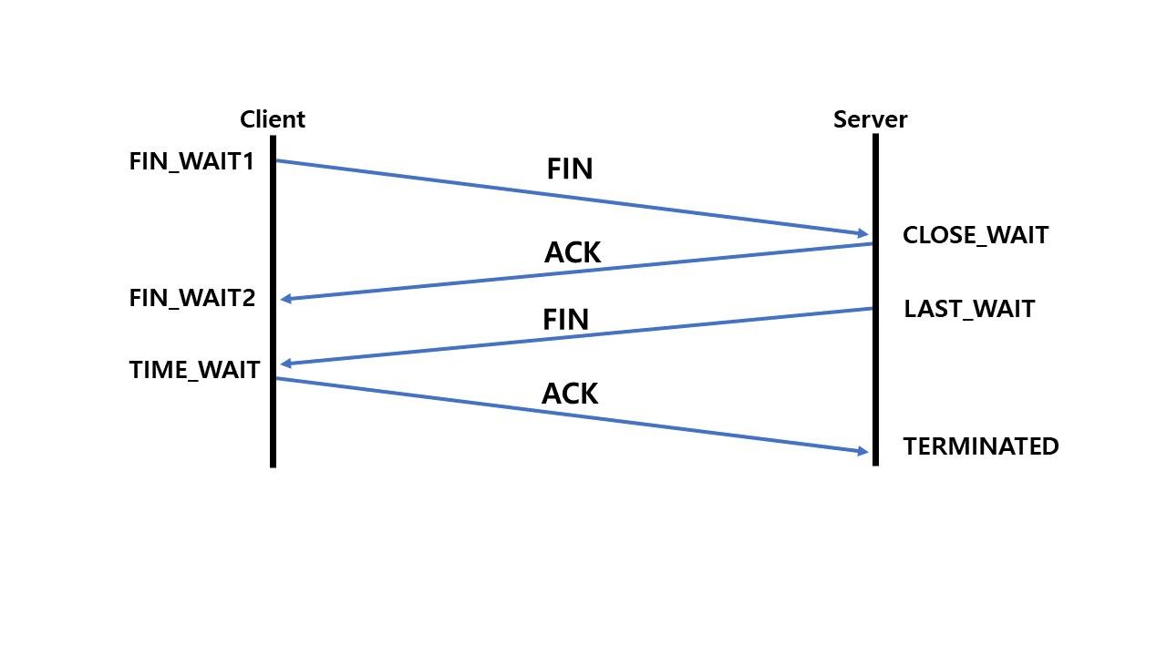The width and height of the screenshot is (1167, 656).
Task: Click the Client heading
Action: [x=272, y=119]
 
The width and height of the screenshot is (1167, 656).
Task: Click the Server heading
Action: [x=870, y=119]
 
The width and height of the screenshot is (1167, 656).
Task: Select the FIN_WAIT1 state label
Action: [x=191, y=161]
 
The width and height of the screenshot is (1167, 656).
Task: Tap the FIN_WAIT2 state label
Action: [x=192, y=298]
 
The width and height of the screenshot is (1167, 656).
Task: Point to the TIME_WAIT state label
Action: [x=194, y=369]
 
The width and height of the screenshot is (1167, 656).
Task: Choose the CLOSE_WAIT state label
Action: [x=976, y=235]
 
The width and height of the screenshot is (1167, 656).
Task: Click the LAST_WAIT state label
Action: [x=969, y=309]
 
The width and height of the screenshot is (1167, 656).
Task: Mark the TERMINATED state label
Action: [x=981, y=446]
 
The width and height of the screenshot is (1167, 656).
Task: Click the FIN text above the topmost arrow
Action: [x=570, y=169]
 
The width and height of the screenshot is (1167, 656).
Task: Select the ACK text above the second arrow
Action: [x=573, y=252]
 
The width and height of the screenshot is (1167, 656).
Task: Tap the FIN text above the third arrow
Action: [x=565, y=319]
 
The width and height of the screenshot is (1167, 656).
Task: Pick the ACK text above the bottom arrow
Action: [x=570, y=393]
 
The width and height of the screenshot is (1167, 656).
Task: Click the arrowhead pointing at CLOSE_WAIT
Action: [x=862, y=234]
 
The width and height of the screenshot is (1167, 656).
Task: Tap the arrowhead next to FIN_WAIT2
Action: [x=286, y=299]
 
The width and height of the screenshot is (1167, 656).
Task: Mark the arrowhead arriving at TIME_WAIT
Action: [x=286, y=364]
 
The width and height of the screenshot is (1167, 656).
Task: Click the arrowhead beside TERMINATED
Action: [x=862, y=451]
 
